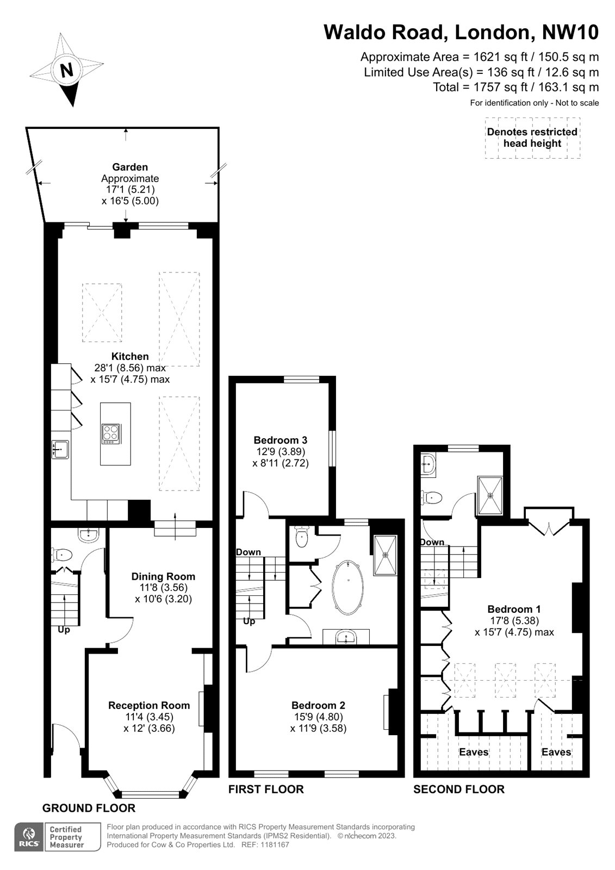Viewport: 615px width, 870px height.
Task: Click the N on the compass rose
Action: [x=67, y=71]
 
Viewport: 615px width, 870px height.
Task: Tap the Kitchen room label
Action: [x=130, y=356]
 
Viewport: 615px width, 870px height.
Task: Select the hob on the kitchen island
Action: [x=111, y=434]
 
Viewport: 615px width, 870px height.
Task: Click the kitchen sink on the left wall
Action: [x=60, y=450]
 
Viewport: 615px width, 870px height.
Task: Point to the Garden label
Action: [x=130, y=167]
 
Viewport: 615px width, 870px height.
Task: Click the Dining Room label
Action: [x=163, y=577]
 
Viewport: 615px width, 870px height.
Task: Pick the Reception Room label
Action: [x=149, y=705]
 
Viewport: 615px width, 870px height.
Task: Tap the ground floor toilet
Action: [x=61, y=555]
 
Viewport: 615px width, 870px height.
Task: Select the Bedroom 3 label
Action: [x=280, y=440]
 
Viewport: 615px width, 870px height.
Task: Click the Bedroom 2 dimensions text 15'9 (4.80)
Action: [x=318, y=717]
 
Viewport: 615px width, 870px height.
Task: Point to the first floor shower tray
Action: [x=385, y=555]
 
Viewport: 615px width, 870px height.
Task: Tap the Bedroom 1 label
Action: [x=514, y=609]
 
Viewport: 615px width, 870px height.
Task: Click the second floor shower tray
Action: [x=490, y=495]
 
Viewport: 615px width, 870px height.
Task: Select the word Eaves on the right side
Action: [x=556, y=753]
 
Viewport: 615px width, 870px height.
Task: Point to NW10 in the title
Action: [x=570, y=32]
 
